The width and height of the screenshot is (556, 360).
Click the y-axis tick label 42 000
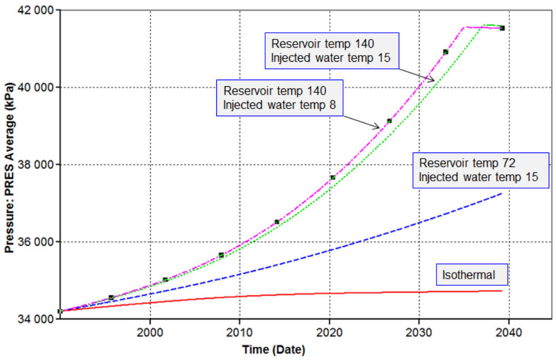click(x=37, y=11)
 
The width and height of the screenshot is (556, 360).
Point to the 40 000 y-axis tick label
click(x=37, y=87)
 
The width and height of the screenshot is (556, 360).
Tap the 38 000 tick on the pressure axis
click(x=37, y=165)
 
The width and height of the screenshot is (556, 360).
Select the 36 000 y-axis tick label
click(x=37, y=242)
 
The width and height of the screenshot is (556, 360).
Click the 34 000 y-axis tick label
click(x=37, y=319)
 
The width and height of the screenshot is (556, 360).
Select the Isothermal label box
click(x=473, y=274)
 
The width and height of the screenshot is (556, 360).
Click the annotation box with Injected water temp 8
click(x=279, y=97)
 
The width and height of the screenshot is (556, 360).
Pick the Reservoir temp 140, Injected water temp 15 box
click(x=332, y=50)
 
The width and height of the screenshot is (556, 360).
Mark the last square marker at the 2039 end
click(x=502, y=28)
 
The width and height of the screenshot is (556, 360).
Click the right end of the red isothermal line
click(x=502, y=290)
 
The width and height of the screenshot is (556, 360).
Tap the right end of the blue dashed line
click(x=502, y=194)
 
